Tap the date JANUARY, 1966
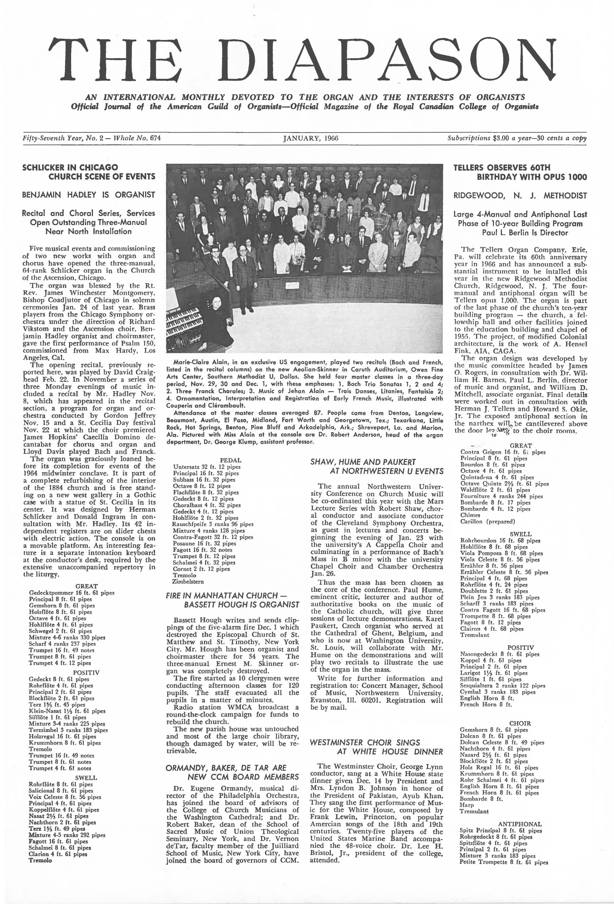[x=310, y=138]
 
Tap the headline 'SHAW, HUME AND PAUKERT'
[x=363, y=462]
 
